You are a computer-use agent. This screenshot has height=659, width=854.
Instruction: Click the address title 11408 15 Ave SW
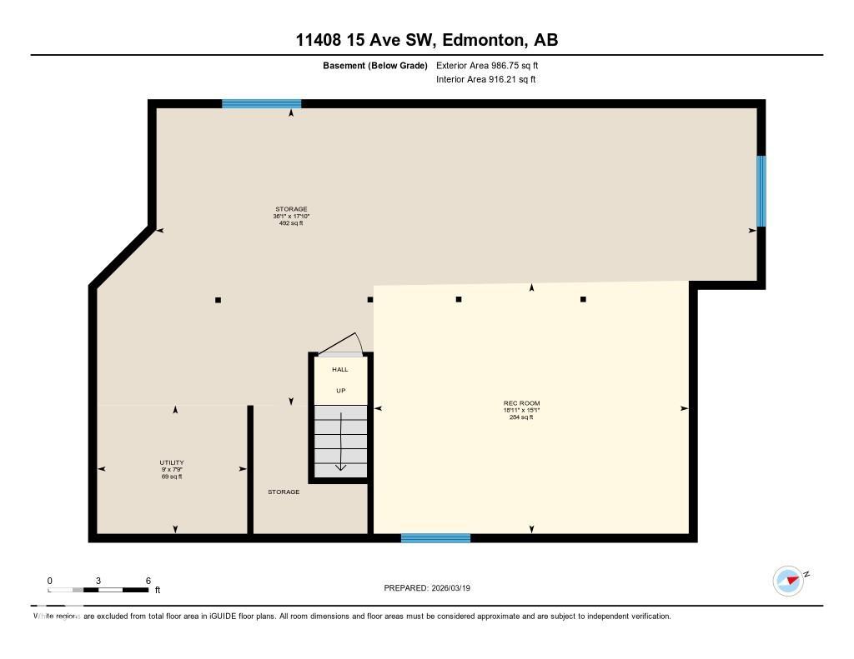(426, 39)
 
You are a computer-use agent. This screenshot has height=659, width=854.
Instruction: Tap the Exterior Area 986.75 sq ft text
(493, 65)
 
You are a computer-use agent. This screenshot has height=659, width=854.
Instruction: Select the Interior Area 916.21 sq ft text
(485, 80)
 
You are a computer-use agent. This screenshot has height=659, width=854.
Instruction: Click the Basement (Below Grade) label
(374, 65)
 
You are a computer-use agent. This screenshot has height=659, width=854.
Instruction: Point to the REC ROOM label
(521, 403)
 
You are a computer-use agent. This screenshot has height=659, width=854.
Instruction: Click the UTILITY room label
(172, 462)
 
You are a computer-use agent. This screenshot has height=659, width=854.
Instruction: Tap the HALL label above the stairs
(340, 369)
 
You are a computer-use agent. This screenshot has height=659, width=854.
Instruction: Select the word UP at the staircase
(340, 391)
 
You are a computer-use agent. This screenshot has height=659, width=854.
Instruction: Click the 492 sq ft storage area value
(291, 223)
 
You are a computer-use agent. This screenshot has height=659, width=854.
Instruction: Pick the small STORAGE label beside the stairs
(284, 492)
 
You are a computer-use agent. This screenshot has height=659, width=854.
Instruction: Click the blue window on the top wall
(261, 104)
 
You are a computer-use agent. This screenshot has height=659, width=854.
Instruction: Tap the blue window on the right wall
(761, 191)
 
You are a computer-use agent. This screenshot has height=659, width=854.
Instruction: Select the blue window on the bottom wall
(435, 538)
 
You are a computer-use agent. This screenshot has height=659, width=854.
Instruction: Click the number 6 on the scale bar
(148, 581)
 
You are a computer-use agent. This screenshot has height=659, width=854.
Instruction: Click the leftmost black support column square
(218, 300)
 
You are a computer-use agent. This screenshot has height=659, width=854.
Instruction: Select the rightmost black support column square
(583, 299)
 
